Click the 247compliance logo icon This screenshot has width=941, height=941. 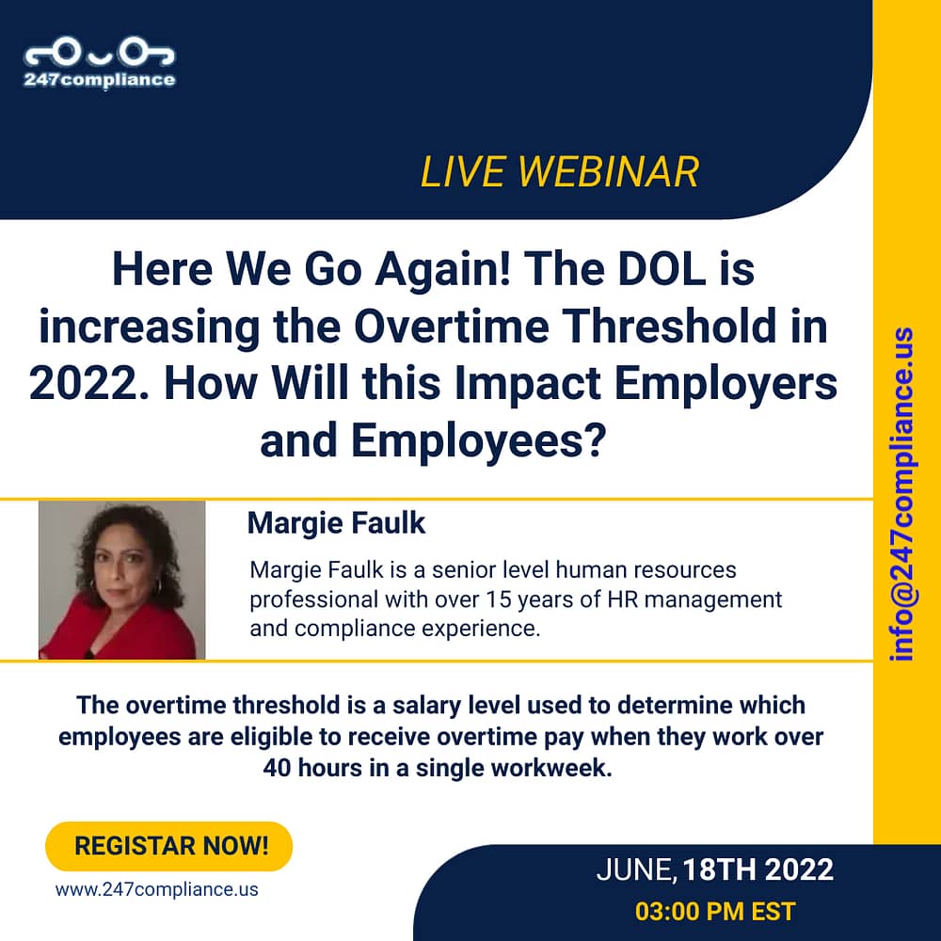[x=100, y=54]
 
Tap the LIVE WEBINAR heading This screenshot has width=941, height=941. [x=559, y=172]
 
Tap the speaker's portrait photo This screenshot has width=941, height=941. [x=121, y=581]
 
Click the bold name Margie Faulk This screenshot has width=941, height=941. [x=336, y=522]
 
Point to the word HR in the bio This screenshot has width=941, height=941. [x=622, y=598]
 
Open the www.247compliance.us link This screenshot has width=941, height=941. [x=156, y=889]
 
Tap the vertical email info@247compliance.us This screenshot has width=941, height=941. [x=902, y=494]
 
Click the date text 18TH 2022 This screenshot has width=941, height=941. [x=758, y=869]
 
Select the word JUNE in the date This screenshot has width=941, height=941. [x=635, y=870]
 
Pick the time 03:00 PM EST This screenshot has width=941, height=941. [x=715, y=911]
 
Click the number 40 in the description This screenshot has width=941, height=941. [x=277, y=768]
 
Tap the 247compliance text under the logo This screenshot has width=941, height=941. [x=100, y=80]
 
